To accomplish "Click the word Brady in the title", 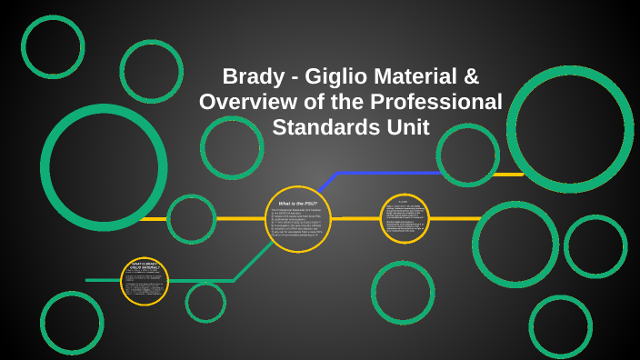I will [x=254, y=76].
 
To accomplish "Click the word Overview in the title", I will [x=245, y=102].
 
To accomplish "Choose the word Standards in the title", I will [x=320, y=127].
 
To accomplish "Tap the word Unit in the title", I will [x=401, y=127].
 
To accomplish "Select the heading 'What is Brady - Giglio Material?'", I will [x=145, y=265].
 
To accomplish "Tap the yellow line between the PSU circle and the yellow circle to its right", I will [x=355, y=218].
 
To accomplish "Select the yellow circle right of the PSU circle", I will [x=405, y=218].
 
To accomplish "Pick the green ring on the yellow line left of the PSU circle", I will [x=192, y=219].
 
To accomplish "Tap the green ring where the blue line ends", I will [x=467, y=155].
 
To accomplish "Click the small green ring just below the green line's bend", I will [x=205, y=302].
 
